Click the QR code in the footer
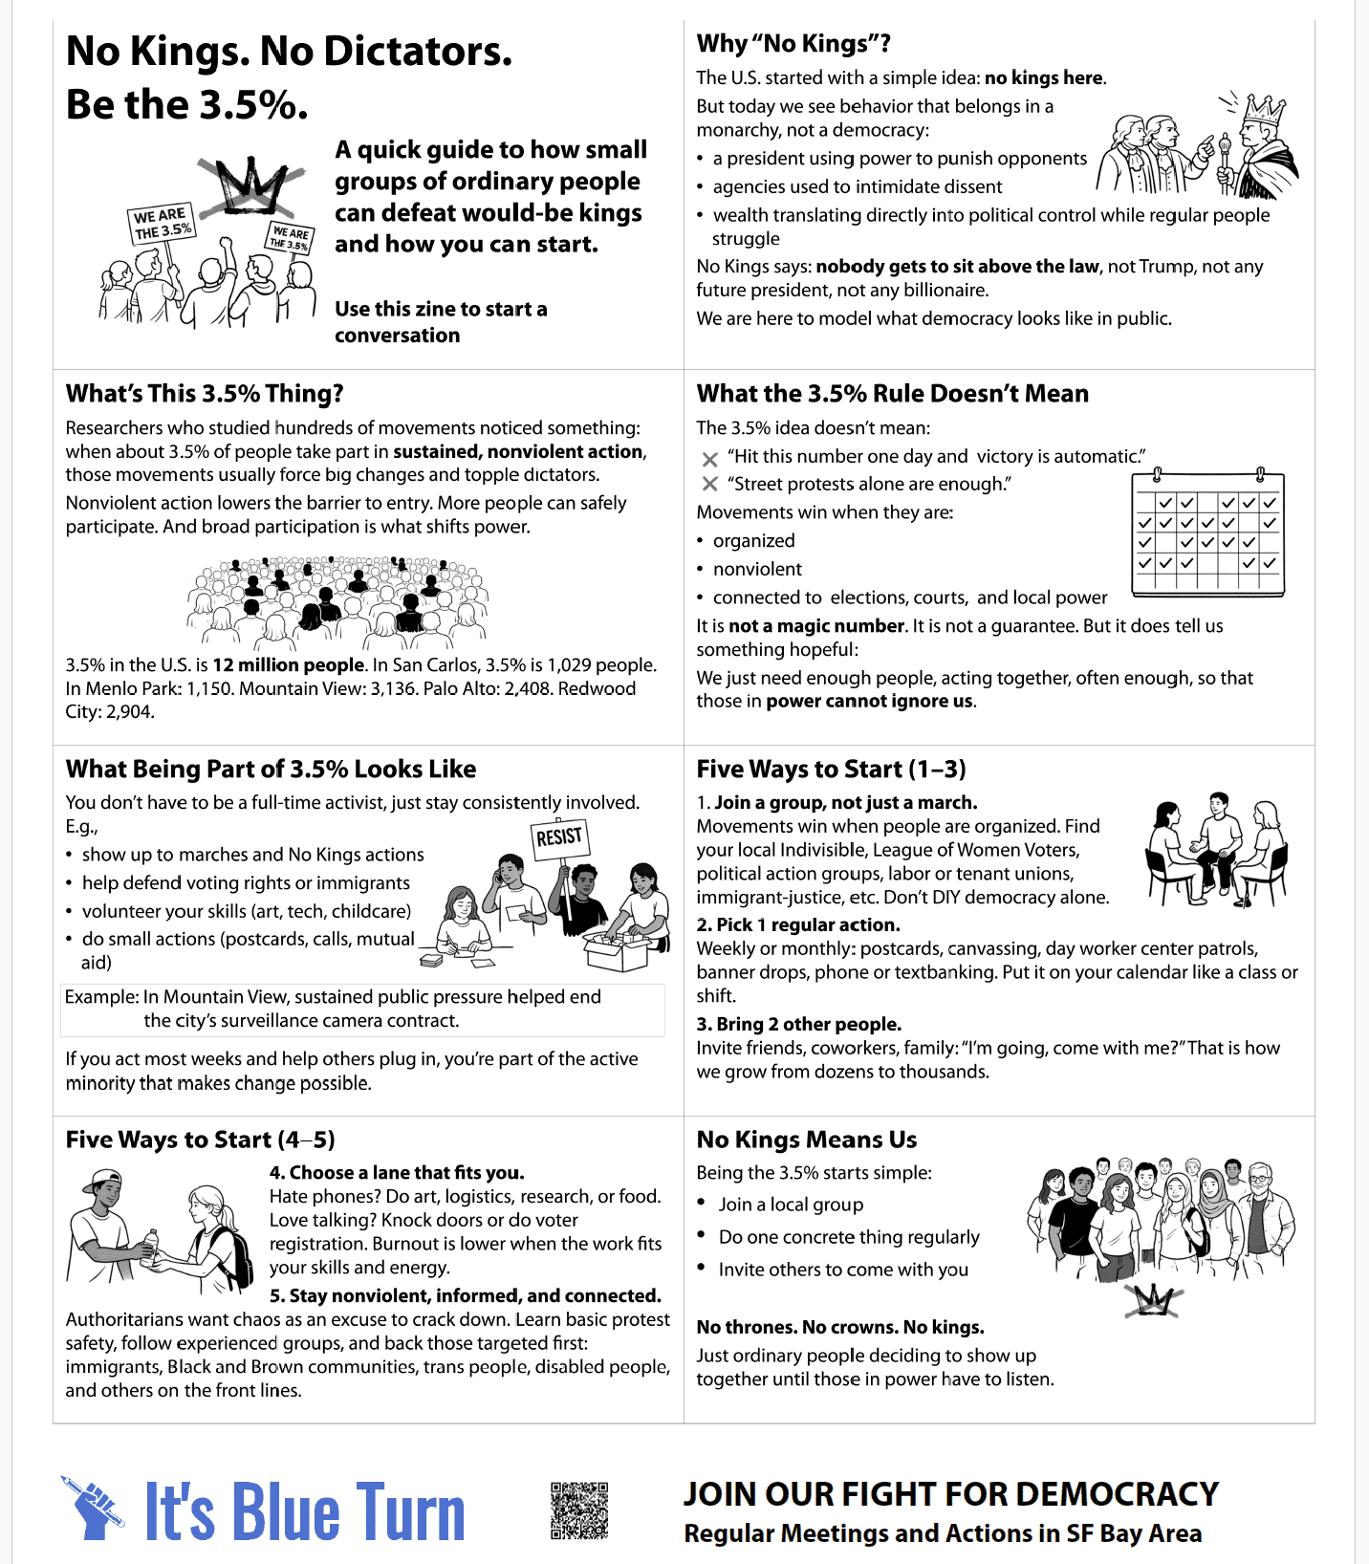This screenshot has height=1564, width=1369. pos(579,1510)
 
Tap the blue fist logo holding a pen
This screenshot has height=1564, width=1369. pos(93,1509)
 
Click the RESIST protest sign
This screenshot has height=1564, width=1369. pos(559,837)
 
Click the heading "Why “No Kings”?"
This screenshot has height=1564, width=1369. pos(793,44)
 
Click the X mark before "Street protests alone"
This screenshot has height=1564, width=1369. pos(709,485)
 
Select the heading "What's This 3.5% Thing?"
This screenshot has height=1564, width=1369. pos(205,394)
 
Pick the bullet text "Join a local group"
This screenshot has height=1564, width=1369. pos(791,1205)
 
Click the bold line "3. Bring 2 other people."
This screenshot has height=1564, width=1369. pos(799,1025)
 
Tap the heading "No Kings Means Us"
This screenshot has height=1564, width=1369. pos(806,1140)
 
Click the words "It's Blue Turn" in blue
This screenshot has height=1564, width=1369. pos(304,1512)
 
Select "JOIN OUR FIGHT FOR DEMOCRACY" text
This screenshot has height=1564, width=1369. pos(950,1494)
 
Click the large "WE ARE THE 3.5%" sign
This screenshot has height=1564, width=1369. pos(162,224)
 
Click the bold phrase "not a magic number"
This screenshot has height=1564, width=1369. pos(815,626)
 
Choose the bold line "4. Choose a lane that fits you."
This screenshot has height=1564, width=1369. pos(397,1173)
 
